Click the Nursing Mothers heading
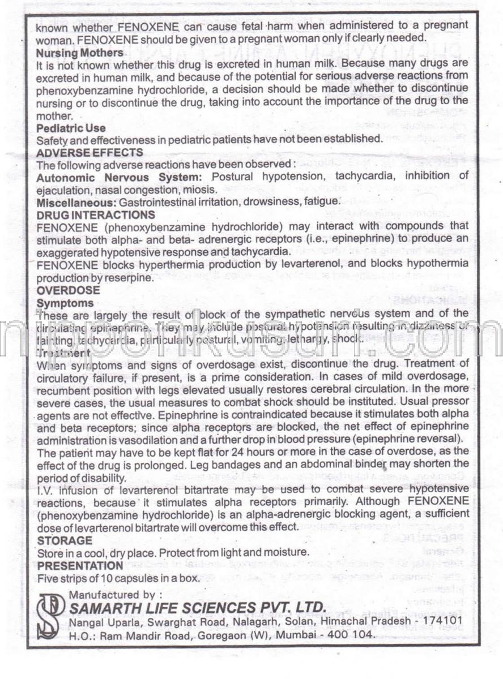click(79, 53)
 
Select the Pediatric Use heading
click(71, 128)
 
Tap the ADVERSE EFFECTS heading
click(89, 153)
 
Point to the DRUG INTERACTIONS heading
click(96, 215)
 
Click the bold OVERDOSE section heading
click(68, 291)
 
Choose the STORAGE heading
click(65, 541)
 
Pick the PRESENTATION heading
click(80, 566)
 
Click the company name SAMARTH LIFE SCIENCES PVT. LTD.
click(197, 608)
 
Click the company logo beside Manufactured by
click(50, 616)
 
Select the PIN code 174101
click(444, 621)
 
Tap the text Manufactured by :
click(116, 595)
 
